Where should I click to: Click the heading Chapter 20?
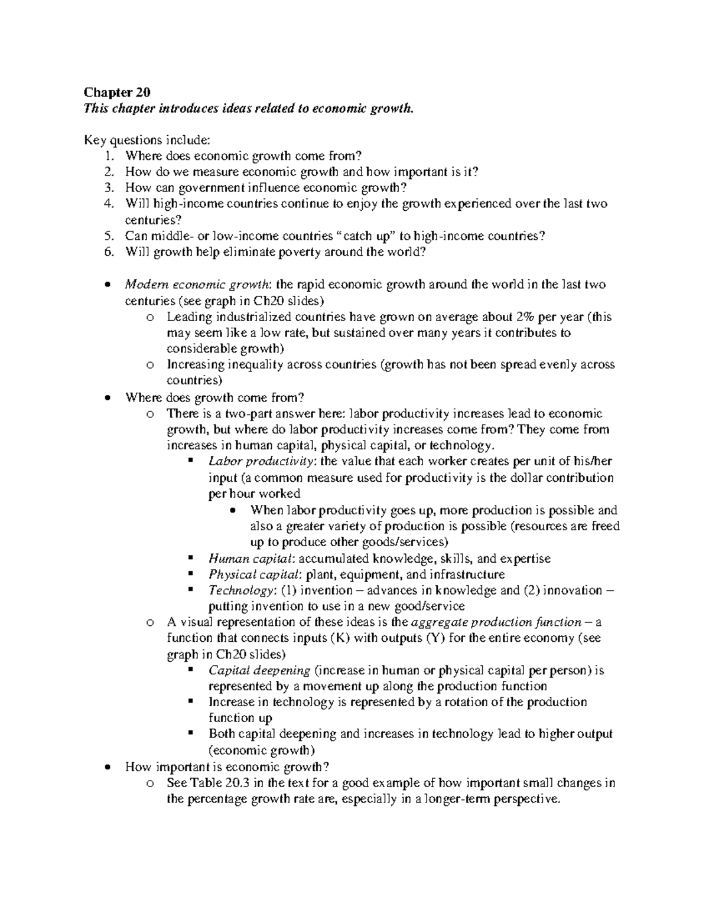point(117,92)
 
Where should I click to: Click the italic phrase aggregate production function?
point(496,622)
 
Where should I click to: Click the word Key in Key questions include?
point(94,140)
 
